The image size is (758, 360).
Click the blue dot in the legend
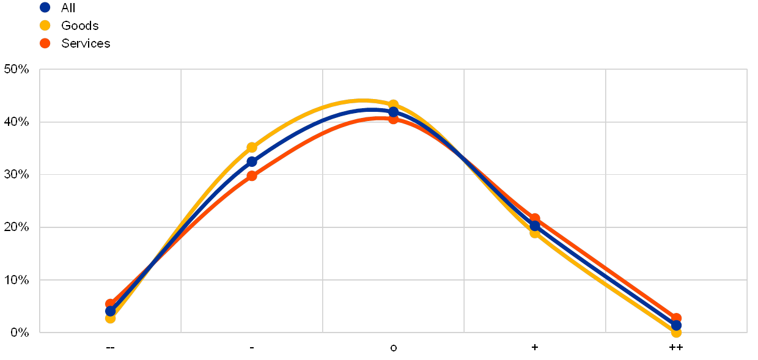click(45, 7)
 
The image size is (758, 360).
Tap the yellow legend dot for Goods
click(45, 25)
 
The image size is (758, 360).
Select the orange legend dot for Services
click(45, 43)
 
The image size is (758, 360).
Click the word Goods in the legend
click(79, 25)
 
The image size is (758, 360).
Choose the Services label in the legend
click(86, 43)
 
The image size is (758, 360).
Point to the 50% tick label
click(17, 69)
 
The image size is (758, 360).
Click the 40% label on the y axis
click(17, 122)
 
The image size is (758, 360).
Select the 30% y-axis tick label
click(17, 175)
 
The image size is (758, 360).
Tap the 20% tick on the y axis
click(17, 227)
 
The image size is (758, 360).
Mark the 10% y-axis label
click(17, 280)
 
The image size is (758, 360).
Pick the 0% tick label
click(20, 332)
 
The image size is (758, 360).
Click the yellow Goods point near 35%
click(252, 147)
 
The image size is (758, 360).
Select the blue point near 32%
click(252, 161)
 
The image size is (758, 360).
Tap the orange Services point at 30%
click(252, 175)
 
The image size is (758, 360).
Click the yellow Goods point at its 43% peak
click(393, 105)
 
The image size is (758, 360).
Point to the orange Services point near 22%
click(535, 218)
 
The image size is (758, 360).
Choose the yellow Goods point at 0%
click(676, 332)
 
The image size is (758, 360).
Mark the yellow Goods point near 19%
click(535, 233)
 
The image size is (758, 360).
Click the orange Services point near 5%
click(110, 304)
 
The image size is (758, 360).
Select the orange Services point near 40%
click(393, 119)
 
